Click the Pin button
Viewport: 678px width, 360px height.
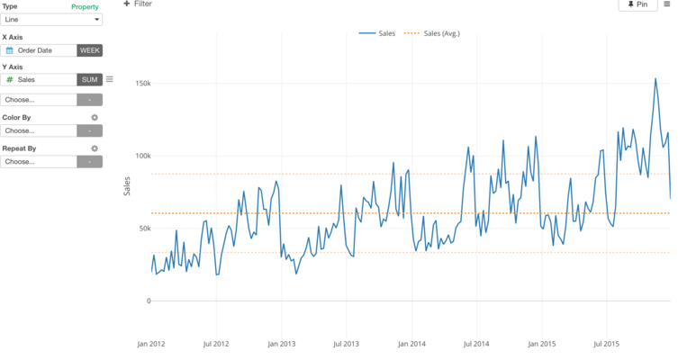[x=637, y=4]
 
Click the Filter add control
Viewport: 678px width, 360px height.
[x=138, y=4]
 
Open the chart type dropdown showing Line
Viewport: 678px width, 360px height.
[x=51, y=19]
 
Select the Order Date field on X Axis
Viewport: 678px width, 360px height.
[x=40, y=50]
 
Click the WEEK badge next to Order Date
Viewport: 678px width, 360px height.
[x=90, y=50]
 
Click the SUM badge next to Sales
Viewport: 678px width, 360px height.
[x=90, y=80]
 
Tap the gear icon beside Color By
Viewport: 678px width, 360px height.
[x=95, y=117]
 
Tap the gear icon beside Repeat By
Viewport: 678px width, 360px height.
[x=95, y=148]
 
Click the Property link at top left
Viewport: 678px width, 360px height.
[x=85, y=6]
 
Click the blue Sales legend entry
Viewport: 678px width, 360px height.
[x=378, y=33]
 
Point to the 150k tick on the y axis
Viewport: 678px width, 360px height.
[x=142, y=83]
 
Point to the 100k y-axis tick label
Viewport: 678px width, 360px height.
[x=142, y=156]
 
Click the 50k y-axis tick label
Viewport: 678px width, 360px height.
[x=144, y=229]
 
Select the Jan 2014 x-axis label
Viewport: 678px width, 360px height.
[x=411, y=344]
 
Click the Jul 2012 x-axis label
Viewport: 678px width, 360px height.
[x=216, y=344]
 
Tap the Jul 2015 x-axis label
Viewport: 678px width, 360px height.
[x=607, y=344]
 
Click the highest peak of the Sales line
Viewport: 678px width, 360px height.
[x=655, y=79]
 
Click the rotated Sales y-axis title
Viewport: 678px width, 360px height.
[x=127, y=186]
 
